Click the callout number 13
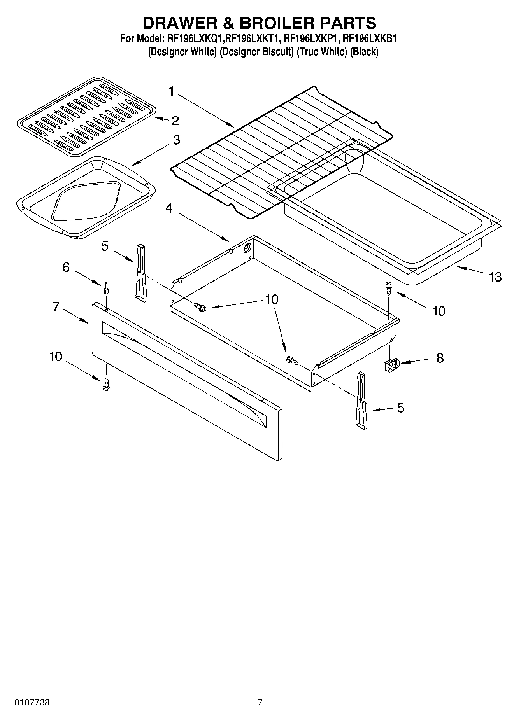point(495,277)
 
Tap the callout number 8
point(440,358)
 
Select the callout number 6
point(66,267)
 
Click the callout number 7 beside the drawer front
point(56,307)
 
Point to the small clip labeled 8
point(391,365)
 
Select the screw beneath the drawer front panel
point(106,385)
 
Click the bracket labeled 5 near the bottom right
point(361,401)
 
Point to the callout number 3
point(176,140)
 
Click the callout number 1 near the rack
point(171,91)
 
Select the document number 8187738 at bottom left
point(32,702)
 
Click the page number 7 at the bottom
point(260,702)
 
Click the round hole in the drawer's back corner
point(247,249)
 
